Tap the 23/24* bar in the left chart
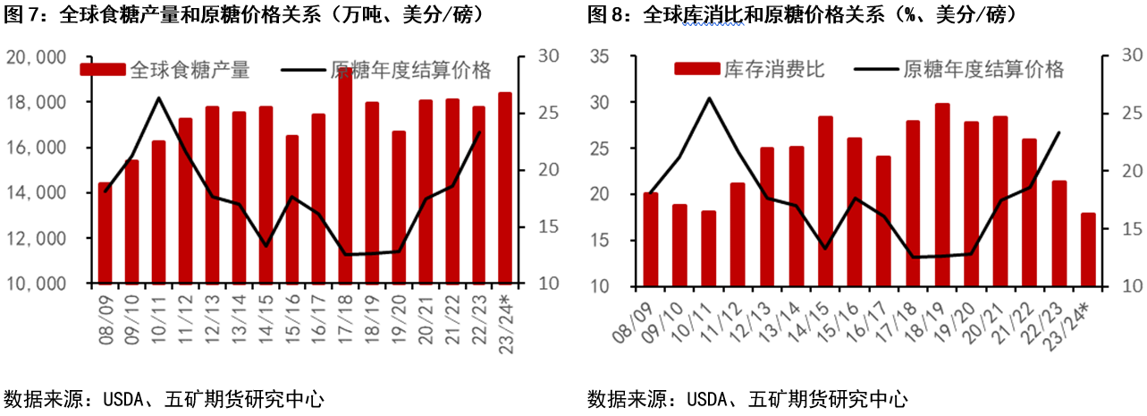coord(505,188)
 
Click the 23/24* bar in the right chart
coord(1087,250)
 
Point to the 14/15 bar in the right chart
coord(825,201)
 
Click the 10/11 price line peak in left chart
coord(158,98)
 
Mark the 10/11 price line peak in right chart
coord(709,98)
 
